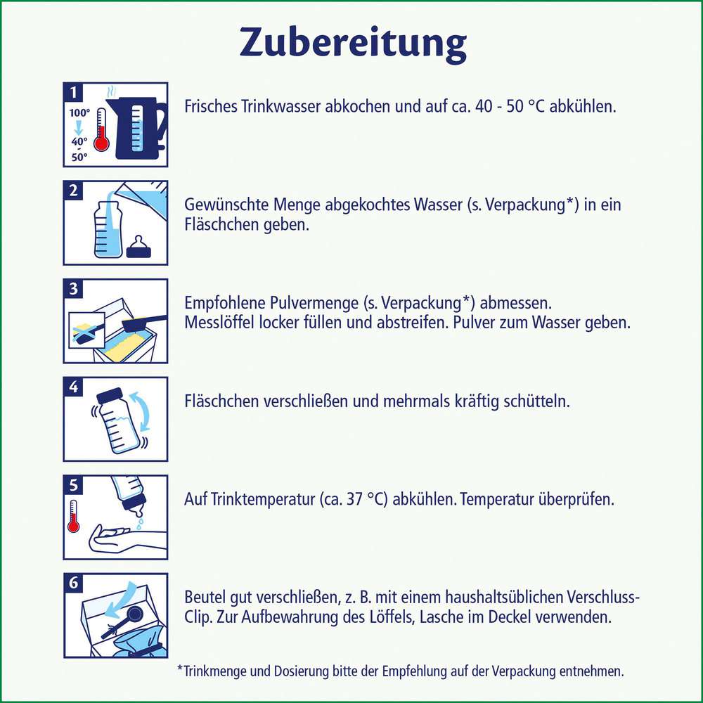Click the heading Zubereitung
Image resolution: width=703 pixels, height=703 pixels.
[x=353, y=44]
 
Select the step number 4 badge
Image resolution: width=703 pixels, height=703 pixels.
[x=74, y=387]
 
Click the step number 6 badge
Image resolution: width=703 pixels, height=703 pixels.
[x=74, y=583]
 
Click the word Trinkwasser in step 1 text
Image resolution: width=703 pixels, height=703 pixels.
[x=265, y=107]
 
